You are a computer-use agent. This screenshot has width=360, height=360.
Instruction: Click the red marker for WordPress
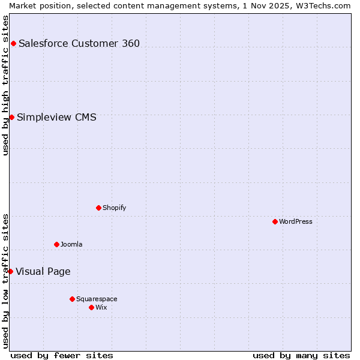coord(275,221)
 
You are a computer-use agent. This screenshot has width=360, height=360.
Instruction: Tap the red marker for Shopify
coord(98,208)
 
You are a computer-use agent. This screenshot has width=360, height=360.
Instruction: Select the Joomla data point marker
coord(56,244)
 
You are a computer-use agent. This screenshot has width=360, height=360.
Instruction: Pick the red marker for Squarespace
coord(72,299)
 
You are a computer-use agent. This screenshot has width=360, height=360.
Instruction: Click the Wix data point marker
coord(91,307)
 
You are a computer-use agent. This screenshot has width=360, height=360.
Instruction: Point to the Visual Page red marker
coord(10,271)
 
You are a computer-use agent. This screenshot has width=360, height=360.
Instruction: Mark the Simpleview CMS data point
coord(11,117)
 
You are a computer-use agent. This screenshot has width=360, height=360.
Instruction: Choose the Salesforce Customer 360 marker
coord(13,43)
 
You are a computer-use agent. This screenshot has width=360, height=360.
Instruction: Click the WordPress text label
coord(296,221)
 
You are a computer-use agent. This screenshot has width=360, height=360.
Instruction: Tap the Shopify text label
coord(115,208)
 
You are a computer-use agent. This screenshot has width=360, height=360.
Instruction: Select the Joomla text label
coord(71,244)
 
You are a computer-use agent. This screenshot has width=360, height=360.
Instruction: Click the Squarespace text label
coord(97,299)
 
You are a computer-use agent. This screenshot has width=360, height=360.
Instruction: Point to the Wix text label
coord(101,307)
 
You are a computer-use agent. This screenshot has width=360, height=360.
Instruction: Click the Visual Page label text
coord(43,271)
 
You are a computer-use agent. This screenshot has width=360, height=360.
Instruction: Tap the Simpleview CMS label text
coord(56,117)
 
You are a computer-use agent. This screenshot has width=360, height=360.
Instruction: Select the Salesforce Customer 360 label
coord(79,43)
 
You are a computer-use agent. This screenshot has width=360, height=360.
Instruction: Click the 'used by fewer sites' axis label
coord(62,355)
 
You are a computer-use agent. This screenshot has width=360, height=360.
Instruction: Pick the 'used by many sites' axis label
coord(301,355)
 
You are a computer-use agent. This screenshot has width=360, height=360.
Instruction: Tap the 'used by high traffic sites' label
coord(5,85)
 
